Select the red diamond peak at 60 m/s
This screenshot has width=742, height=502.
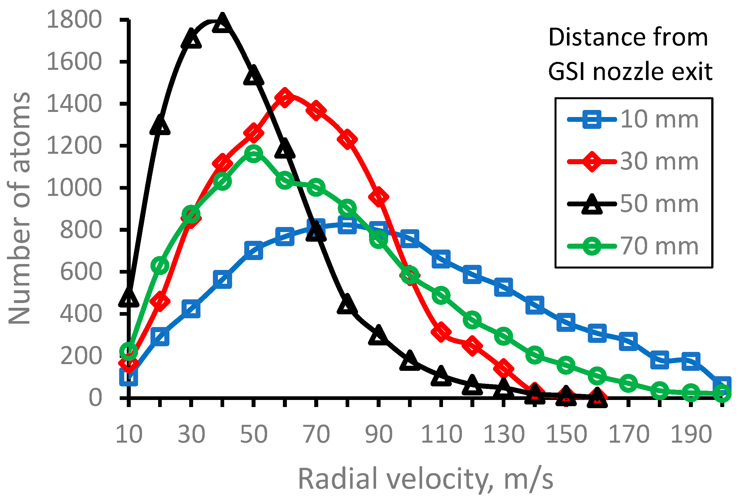pos(285,98)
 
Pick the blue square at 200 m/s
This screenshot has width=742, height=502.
pos(722,385)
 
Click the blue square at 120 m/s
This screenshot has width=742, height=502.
pos(472,274)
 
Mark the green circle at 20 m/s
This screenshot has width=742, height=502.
pos(160,265)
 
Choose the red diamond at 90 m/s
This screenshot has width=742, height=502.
pos(378,196)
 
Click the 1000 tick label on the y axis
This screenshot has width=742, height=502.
pos(74,188)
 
